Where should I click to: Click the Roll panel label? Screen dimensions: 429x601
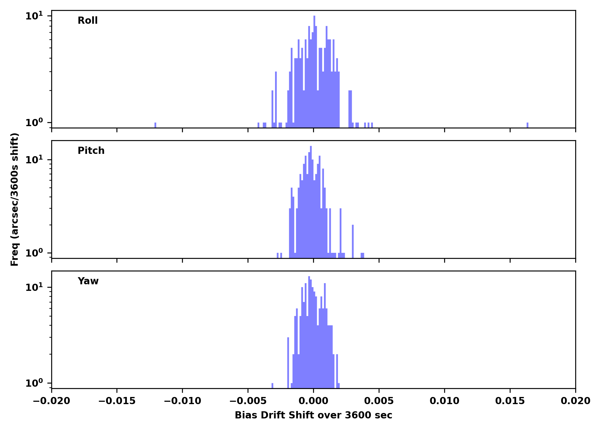[88, 21]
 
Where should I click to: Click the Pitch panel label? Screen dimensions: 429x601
[91, 151]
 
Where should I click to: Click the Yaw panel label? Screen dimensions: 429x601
[88, 281]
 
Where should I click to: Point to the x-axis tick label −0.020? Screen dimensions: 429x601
[52, 401]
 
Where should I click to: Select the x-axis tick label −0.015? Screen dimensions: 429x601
[117, 401]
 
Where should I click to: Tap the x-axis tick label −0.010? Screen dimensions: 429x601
[182, 401]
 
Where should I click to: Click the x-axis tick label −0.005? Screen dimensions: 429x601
[248, 401]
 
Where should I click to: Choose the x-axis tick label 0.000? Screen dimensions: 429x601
[313, 401]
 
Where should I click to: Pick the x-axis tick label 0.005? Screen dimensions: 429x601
[379, 401]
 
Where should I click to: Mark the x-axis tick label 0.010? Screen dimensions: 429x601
[444, 401]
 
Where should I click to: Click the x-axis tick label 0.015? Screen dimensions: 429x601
[510, 401]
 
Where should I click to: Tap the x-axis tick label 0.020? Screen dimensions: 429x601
[576, 401]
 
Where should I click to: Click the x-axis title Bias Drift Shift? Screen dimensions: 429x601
[313, 415]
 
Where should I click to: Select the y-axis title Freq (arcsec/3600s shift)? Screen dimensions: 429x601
[15, 199]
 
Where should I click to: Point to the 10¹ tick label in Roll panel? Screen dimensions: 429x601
[34, 16]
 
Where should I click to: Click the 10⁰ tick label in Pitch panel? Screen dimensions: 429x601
[34, 253]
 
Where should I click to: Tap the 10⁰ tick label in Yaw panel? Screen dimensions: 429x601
[34, 383]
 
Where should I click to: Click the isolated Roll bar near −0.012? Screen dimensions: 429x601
[155, 125]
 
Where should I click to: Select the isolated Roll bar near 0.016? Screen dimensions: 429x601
[527, 125]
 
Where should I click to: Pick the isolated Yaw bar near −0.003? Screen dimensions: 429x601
[272, 386]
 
